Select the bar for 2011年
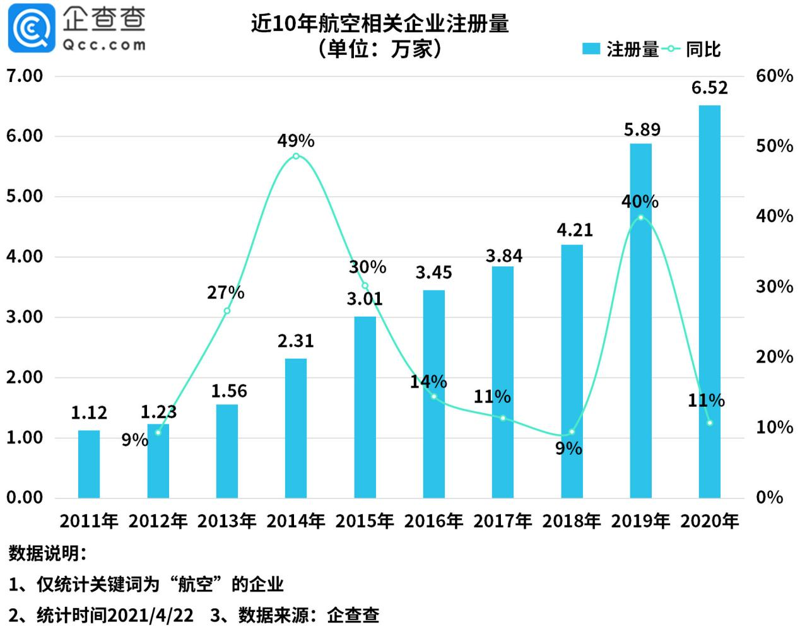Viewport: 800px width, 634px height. pyautogui.click(x=89, y=464)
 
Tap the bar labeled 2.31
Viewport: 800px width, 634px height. pyautogui.click(x=296, y=428)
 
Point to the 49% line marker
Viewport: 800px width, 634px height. pyautogui.click(x=296, y=156)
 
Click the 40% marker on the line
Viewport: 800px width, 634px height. pyautogui.click(x=641, y=218)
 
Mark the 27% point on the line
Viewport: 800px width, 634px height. pyautogui.click(x=227, y=310)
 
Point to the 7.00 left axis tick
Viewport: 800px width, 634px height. pyautogui.click(x=25, y=76)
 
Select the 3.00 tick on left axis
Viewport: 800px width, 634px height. pyautogui.click(x=25, y=317)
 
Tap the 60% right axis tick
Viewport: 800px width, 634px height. pyautogui.click(x=774, y=76)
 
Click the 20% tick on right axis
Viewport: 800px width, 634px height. pyautogui.click(x=774, y=357)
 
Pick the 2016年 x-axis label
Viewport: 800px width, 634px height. pyautogui.click(x=433, y=521)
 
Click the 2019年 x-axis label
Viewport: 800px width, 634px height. pyautogui.click(x=640, y=521)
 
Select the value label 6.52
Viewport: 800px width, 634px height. pyautogui.click(x=710, y=88)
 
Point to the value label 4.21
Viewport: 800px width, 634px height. pyautogui.click(x=575, y=230)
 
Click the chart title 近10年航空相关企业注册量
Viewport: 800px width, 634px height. pyautogui.click(x=380, y=24)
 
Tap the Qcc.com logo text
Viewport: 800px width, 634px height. pyautogui.click(x=103, y=45)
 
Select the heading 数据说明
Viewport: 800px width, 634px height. pyautogui.click(x=45, y=554)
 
